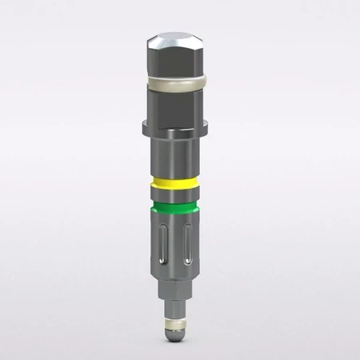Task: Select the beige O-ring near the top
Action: coord(177,79)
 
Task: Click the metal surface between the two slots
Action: coord(176,240)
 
